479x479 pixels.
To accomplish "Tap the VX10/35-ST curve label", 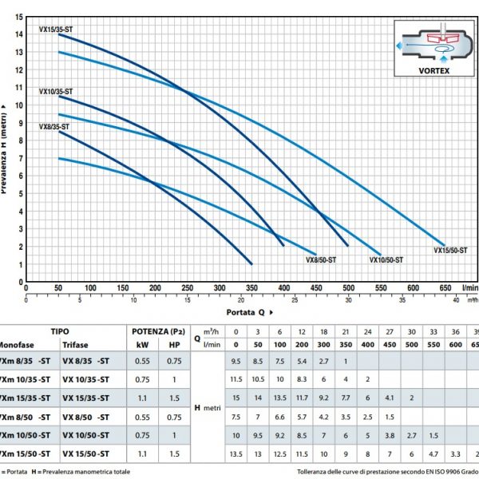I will [56, 91].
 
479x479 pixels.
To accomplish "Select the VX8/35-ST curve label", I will [53, 127].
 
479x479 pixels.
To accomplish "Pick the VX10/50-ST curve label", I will [386, 260].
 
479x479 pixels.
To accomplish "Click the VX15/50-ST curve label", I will [450, 250].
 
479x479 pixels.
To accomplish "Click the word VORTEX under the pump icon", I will [434, 69].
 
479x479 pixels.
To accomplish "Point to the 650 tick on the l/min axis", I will [445, 289].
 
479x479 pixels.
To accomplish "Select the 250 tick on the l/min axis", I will [187, 289].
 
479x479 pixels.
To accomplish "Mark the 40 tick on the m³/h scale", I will [456, 300].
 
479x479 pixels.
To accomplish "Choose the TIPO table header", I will [60, 331].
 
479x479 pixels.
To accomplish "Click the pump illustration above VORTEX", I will [433, 44].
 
